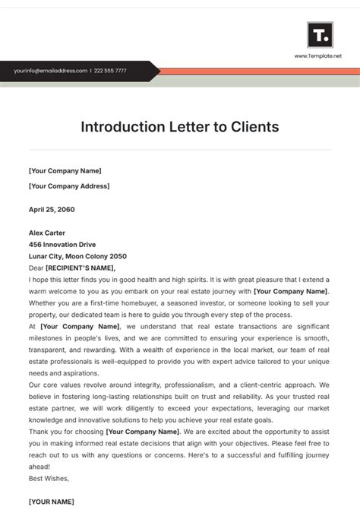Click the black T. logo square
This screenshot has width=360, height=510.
[320, 34]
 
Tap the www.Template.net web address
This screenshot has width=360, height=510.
[319, 56]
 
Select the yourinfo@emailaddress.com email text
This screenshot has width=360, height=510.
[51, 71]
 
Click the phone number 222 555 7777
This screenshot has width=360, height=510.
[111, 71]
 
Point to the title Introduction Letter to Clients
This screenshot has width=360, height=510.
[180, 126]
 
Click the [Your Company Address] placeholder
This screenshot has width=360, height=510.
[69, 185]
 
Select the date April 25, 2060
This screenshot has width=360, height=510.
[52, 209]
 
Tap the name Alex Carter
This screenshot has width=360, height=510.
[47, 233]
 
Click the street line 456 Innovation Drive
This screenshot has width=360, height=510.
[62, 244]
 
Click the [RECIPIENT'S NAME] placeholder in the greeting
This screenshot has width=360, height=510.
[81, 268]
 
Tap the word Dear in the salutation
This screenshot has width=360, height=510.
[36, 268]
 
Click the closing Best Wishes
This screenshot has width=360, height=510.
[49, 478]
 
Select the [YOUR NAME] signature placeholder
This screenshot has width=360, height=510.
[52, 502]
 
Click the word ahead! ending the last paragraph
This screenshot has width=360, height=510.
[39, 466]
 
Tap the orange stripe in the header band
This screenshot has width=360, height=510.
[258, 71]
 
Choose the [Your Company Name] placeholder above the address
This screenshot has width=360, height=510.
[65, 171]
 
